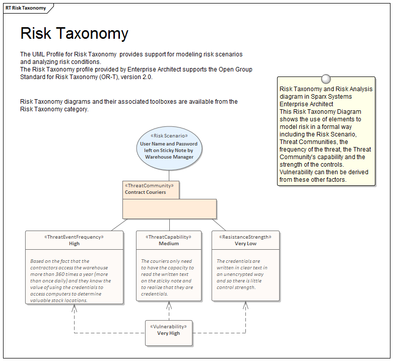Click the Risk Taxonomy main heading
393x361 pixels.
pyautogui.click(x=74, y=34)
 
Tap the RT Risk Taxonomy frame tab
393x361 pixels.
pyautogui.click(x=26, y=8)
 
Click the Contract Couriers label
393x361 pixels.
pyautogui.click(x=145, y=192)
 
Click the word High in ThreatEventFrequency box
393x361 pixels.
pyautogui.click(x=74, y=244)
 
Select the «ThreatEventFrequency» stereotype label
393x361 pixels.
pyautogui.click(x=74, y=237)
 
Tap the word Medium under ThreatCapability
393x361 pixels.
pyautogui.click(x=169, y=244)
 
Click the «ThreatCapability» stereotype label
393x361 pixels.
pyautogui.click(x=169, y=237)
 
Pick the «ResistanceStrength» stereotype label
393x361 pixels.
pyautogui.click(x=245, y=237)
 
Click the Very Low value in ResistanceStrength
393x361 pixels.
pyautogui.click(x=245, y=244)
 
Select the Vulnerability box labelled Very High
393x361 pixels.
pyautogui.click(x=169, y=333)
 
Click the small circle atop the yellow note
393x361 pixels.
pyautogui.click(x=326, y=79)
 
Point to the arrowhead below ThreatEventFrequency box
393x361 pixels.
pyautogui.click(x=74, y=308)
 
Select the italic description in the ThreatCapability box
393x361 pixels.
pyautogui.click(x=167, y=277)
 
